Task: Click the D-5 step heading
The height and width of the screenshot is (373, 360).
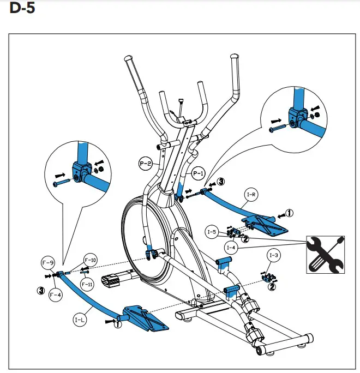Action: coord(22,10)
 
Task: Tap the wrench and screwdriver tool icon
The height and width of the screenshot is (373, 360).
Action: coord(326,254)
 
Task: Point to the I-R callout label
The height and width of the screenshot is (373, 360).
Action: coord(252,194)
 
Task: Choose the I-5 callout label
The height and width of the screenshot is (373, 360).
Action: coord(213,232)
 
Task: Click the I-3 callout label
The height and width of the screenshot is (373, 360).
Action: coord(274,255)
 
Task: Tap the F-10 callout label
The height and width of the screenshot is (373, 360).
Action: coord(91,260)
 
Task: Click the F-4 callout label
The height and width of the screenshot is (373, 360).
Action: coord(56,296)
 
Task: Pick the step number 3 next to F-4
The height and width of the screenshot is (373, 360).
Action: coord(40,290)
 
